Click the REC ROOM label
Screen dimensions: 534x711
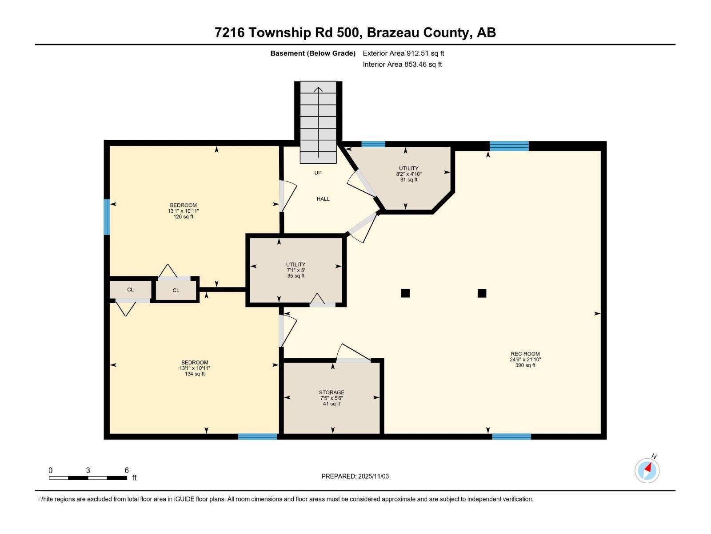(525, 354)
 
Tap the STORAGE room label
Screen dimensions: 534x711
(332, 392)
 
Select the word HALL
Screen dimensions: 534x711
(323, 199)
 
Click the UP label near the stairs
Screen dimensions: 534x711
(318, 173)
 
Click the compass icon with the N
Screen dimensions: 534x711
(647, 470)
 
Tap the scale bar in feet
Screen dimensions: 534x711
(88, 477)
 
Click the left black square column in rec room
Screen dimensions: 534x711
(405, 293)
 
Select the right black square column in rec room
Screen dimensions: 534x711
(482, 293)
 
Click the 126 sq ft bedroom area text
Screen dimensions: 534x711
(183, 217)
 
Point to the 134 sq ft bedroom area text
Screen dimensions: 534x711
(195, 374)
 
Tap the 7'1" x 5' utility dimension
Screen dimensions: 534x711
(296, 270)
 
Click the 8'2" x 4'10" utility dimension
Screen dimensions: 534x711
(408, 174)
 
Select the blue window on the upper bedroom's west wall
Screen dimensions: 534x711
(107, 217)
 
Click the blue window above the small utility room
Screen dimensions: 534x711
(373, 144)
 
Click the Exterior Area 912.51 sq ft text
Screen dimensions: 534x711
(403, 53)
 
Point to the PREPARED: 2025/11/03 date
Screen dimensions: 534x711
(355, 476)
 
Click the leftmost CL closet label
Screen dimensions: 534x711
(130, 290)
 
